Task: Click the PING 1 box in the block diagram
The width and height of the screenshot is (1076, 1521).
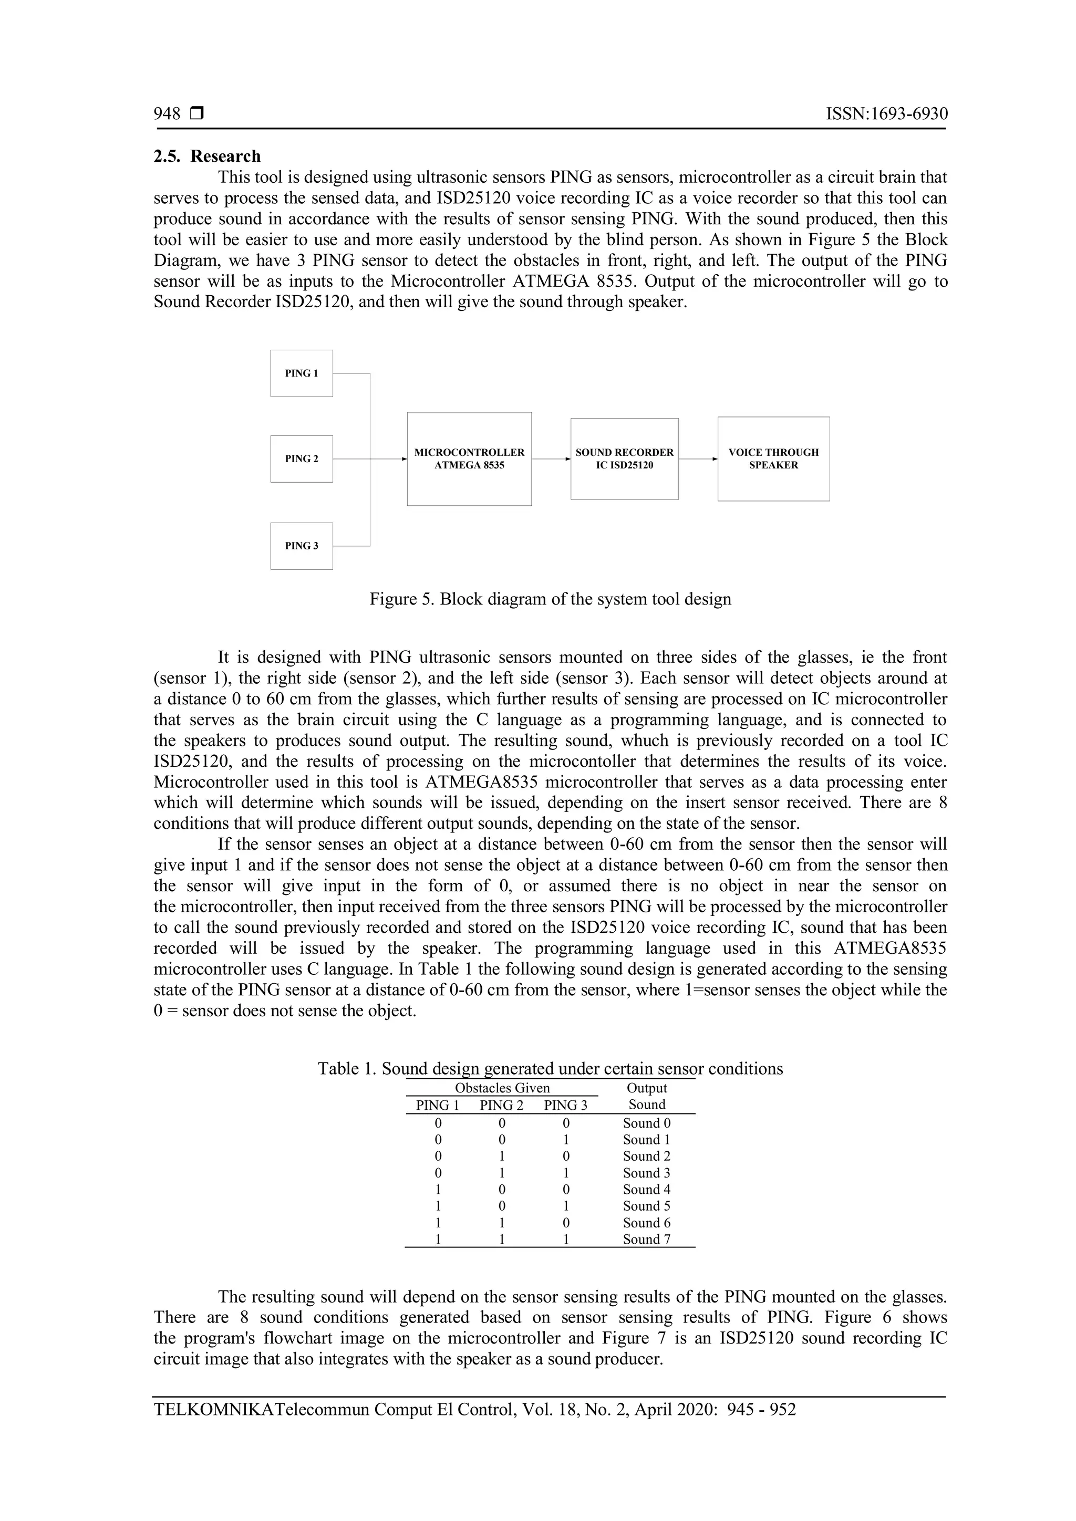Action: (302, 373)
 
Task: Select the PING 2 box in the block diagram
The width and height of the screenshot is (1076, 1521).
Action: (302, 459)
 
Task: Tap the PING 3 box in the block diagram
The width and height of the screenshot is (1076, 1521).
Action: (302, 546)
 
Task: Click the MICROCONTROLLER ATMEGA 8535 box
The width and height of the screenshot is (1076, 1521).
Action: (469, 459)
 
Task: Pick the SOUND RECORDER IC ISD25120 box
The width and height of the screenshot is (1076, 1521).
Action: (624, 459)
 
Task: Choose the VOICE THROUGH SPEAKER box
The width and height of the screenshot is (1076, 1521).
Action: (773, 459)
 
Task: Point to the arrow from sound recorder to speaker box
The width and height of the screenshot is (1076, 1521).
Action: (698, 459)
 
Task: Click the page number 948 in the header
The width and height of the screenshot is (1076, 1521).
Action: (167, 114)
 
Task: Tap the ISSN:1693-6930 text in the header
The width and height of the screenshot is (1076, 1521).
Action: (886, 114)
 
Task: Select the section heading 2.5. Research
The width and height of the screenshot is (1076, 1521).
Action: (208, 157)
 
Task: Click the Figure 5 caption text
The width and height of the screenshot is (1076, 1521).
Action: (550, 599)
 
